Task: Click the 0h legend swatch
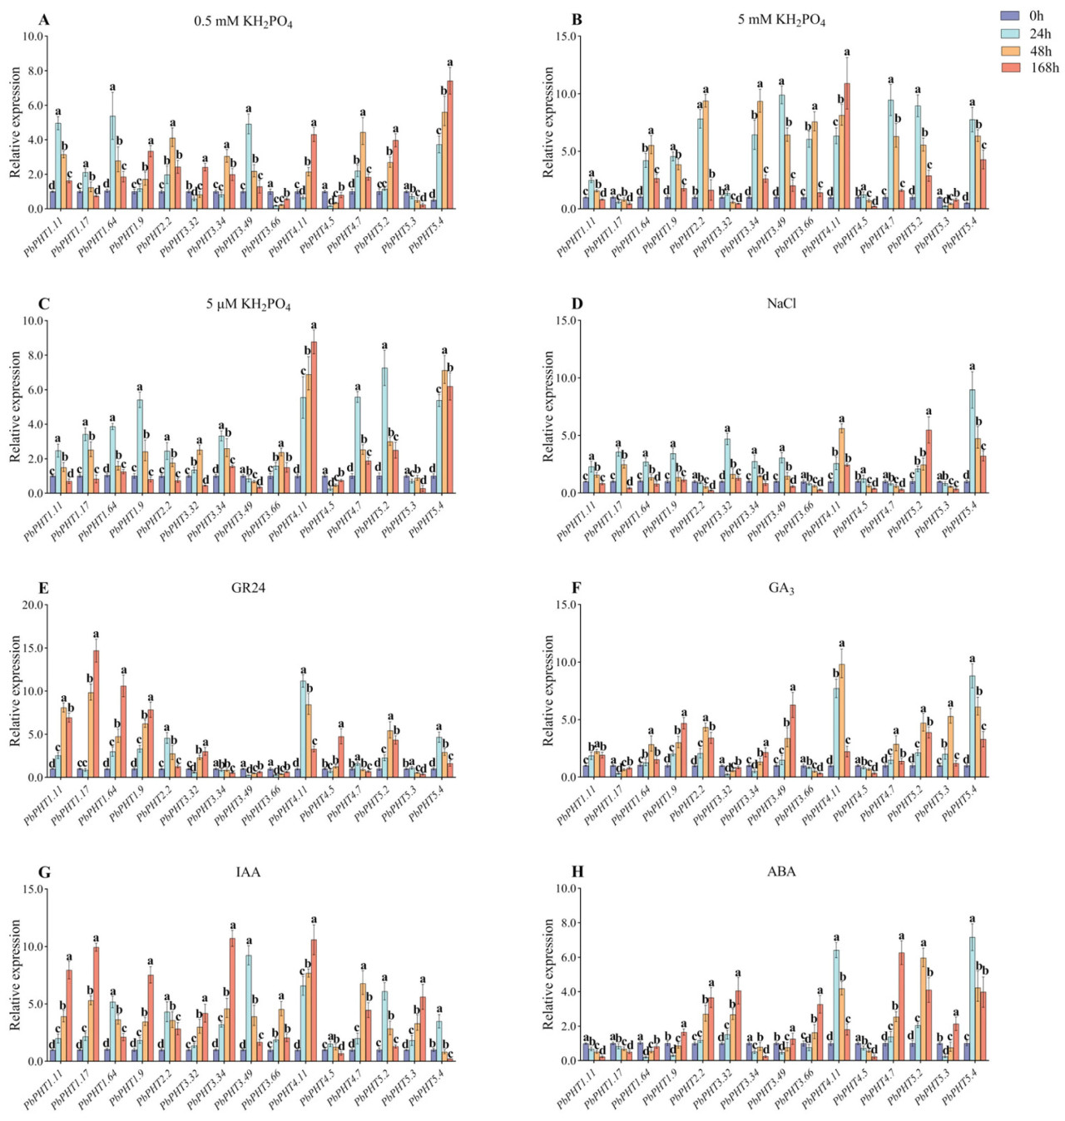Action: point(1010,16)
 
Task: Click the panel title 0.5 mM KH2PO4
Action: point(243,22)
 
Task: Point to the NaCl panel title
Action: point(781,304)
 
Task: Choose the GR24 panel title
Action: point(248,588)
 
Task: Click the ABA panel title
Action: point(781,872)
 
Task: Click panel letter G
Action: point(44,872)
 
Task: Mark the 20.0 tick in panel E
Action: point(34,605)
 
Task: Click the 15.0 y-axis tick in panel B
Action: point(567,37)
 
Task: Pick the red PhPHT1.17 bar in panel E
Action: point(96,714)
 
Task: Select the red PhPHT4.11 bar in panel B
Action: point(847,146)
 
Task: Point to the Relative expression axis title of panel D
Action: point(549,406)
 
